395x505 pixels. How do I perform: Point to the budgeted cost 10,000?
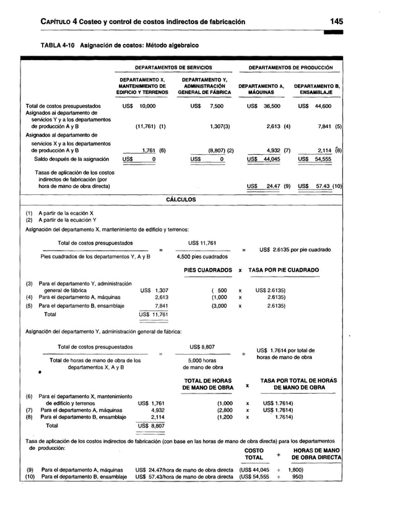coord(147,106)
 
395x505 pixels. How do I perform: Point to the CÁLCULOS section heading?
coord(181,200)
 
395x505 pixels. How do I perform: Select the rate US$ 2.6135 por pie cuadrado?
coord(295,249)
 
